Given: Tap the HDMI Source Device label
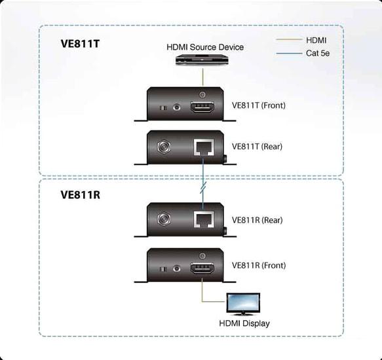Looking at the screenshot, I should pyautogui.click(x=204, y=47).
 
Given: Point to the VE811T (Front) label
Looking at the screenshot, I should pyautogui.click(x=258, y=105).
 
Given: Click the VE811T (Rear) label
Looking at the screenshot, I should pyautogui.click(x=257, y=147).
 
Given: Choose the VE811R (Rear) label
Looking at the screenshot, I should pyautogui.click(x=257, y=220).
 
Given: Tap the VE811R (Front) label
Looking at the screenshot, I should pyautogui.click(x=258, y=266).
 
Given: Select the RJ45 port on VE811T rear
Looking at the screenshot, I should pyautogui.click(x=202, y=147).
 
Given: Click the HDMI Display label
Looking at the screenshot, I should pyautogui.click(x=244, y=323).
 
